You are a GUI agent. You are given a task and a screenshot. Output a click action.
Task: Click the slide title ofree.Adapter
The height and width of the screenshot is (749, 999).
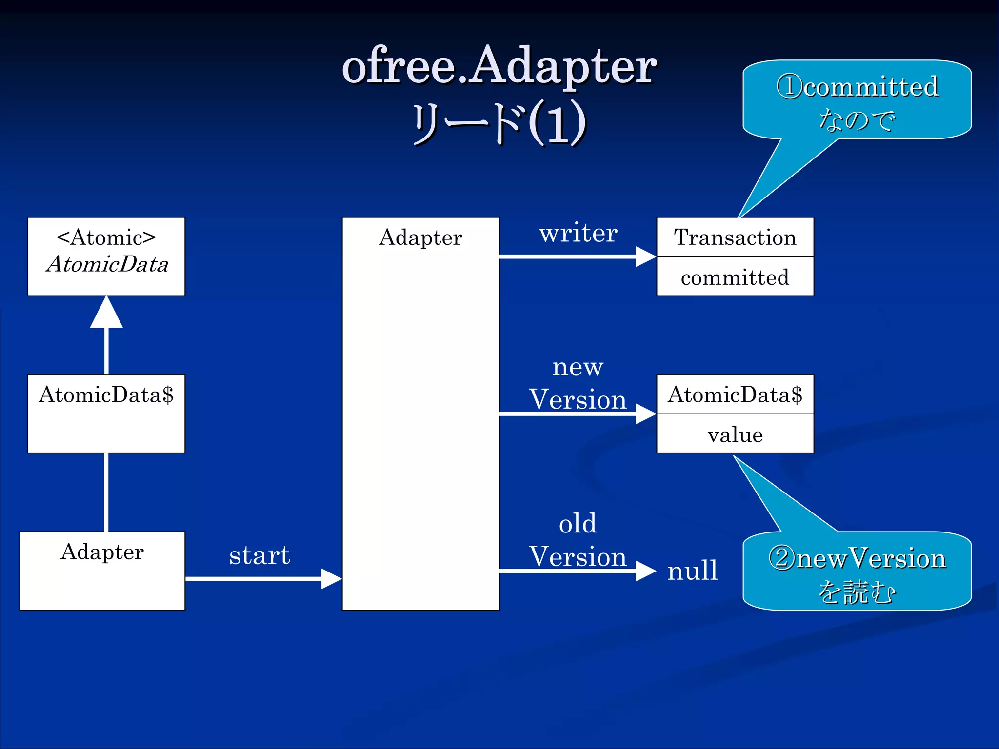click(499, 66)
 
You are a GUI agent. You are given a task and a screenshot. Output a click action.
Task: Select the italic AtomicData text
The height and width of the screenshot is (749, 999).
click(107, 264)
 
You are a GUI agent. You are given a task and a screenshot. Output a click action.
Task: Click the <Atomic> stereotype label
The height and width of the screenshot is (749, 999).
click(106, 237)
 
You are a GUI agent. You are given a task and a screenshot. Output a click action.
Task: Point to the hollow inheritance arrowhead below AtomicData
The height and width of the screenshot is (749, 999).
click(106, 313)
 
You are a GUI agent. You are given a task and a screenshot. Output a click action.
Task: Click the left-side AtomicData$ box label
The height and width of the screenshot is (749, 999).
click(106, 394)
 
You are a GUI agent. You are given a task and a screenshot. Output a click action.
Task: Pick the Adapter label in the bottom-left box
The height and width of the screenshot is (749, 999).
click(102, 552)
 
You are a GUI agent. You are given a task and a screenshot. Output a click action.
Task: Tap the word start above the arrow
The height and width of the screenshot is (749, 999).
click(260, 555)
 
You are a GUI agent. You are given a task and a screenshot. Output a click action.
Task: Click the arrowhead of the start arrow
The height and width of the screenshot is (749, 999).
click(332, 579)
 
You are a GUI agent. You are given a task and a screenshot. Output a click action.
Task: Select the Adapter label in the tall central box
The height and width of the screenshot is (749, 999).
click(420, 237)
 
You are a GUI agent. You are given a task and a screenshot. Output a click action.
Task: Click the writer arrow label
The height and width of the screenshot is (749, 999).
click(578, 233)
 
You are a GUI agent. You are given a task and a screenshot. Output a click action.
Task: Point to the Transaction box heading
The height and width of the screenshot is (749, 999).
click(735, 237)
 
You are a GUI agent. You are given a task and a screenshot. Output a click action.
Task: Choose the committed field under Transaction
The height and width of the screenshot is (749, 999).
click(735, 277)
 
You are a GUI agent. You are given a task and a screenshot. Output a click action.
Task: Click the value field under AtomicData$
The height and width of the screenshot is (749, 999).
click(735, 434)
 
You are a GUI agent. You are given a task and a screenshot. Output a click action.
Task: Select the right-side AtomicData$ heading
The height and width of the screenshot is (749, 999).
click(735, 394)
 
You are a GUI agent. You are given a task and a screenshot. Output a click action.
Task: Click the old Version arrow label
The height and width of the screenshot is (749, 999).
click(578, 540)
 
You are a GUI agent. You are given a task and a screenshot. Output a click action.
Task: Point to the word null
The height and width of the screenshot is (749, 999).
click(692, 570)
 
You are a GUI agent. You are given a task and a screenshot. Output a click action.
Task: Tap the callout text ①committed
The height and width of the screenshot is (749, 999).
click(857, 87)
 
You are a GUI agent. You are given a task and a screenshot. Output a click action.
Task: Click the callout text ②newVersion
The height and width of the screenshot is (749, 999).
click(857, 558)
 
